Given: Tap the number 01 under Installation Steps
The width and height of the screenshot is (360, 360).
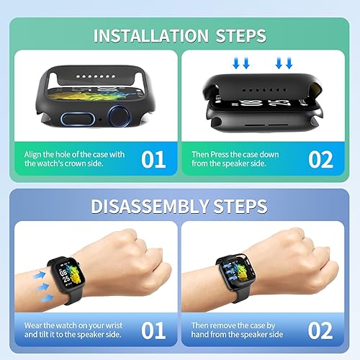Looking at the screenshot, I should pos(153,159).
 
